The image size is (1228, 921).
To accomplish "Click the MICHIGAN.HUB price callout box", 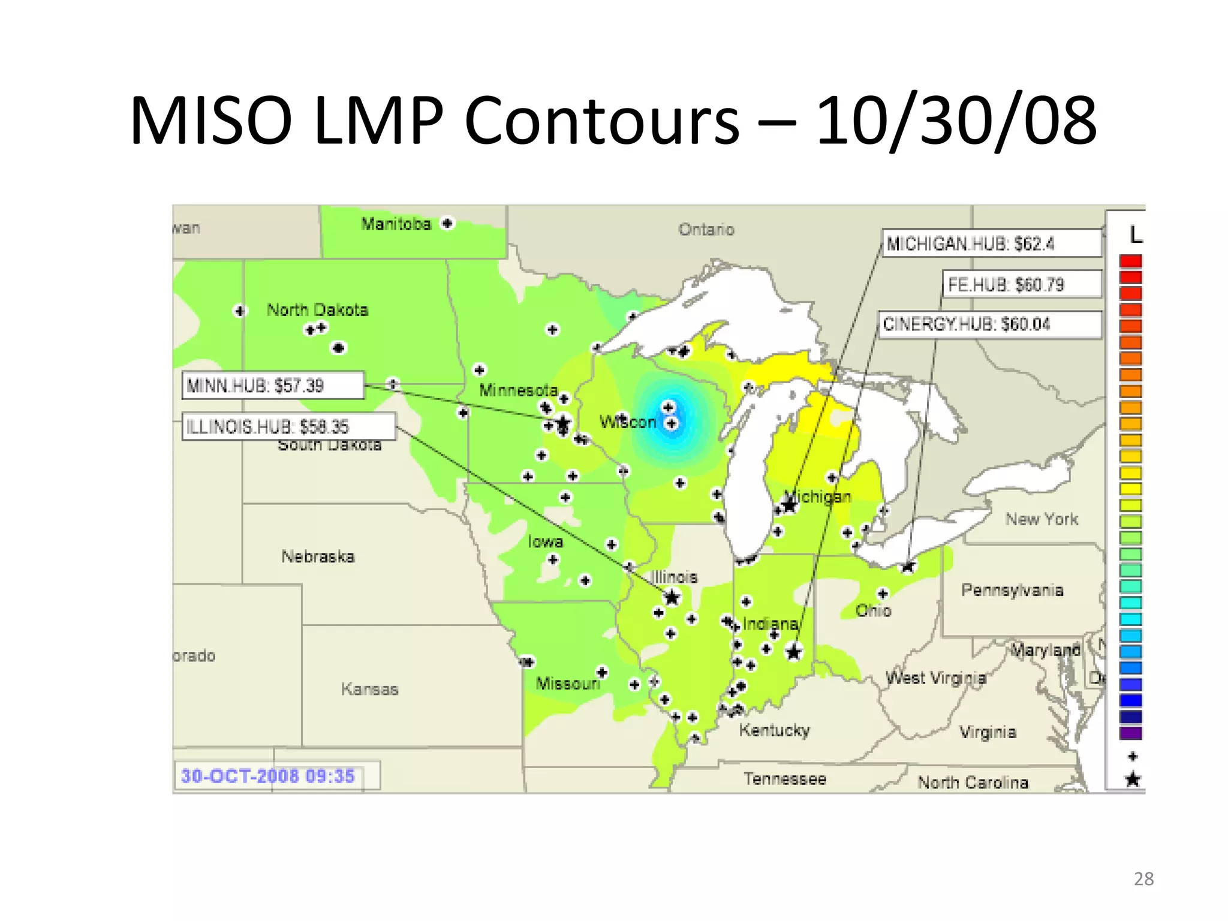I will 992,243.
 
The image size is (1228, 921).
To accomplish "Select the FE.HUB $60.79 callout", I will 1022,284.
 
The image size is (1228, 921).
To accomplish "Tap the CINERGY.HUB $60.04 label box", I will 989,324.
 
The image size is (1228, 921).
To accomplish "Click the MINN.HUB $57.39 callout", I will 273,385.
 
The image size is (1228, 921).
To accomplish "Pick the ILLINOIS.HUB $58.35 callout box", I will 288,426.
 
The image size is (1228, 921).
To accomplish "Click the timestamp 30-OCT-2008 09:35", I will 268,776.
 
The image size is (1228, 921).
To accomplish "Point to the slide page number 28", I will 1143,878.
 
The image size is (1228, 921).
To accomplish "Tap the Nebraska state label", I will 318,556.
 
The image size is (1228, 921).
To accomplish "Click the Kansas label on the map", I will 369,689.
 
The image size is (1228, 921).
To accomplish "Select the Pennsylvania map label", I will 1012,590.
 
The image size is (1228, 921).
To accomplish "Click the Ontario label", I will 706,229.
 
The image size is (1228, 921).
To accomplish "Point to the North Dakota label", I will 317,309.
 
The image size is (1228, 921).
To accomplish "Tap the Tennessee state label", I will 785,778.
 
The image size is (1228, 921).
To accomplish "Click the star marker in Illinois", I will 672,597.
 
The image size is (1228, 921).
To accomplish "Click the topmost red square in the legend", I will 1130,261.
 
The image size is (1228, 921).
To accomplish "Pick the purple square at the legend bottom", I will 1130,733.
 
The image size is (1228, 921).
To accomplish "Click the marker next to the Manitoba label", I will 447,223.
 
